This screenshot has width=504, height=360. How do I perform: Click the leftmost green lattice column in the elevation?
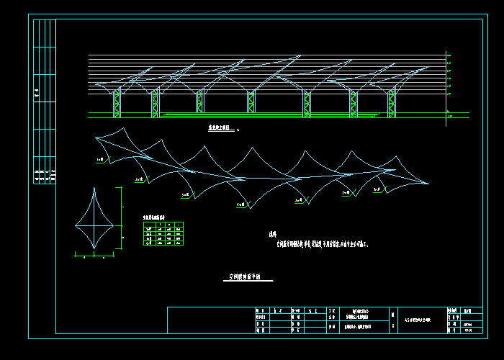pos(117,103)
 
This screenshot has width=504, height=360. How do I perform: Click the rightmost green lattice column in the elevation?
pos(392,103)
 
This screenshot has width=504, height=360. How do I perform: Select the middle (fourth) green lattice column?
pos(251,103)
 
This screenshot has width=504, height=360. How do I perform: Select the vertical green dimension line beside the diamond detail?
pos(121,218)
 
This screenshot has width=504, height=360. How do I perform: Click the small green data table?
pos(163,234)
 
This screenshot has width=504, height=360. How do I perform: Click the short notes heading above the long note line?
pos(272,234)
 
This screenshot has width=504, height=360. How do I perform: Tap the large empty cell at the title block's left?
pos(210,320)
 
